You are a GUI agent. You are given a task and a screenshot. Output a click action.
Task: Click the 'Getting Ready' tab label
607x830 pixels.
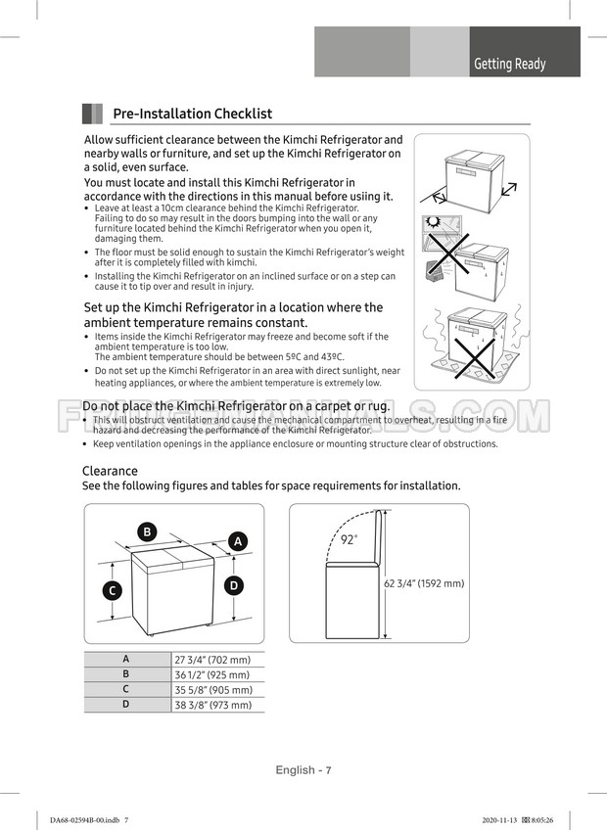[509, 64]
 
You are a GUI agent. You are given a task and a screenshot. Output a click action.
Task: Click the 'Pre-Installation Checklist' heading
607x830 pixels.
[192, 115]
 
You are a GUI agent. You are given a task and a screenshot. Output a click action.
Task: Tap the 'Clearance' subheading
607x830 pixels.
[110, 471]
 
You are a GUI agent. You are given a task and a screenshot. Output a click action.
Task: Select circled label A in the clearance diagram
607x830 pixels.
[238, 541]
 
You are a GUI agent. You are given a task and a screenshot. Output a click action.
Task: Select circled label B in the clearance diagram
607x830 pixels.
[147, 531]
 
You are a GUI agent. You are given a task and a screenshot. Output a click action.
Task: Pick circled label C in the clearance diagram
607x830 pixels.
[114, 590]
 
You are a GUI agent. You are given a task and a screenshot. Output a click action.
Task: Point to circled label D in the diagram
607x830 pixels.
[234, 585]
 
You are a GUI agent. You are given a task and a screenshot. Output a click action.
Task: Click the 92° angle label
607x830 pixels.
[349, 539]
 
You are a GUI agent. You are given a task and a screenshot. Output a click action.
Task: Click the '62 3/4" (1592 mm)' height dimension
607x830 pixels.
[424, 583]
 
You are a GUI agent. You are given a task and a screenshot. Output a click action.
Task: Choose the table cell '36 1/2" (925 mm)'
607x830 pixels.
[212, 674]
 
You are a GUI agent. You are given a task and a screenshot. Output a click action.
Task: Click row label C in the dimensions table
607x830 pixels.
[126, 689]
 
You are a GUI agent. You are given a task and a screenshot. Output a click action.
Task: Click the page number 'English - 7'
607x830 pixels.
[303, 770]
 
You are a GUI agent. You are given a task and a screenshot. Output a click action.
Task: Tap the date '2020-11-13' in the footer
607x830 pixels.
[501, 819]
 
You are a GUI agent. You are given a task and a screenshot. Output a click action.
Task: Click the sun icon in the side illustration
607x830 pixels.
[433, 222]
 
